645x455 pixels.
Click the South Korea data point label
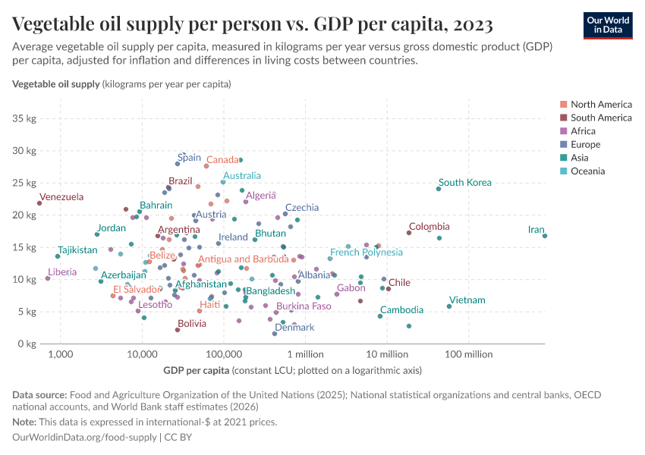click(x=464, y=183)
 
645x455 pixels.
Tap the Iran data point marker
click(x=545, y=236)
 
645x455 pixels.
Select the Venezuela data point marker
click(x=39, y=203)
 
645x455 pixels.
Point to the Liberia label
click(x=62, y=271)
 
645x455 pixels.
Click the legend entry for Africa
click(x=584, y=131)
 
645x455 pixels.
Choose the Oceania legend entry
click(x=588, y=171)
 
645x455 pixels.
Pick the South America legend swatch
click(x=563, y=118)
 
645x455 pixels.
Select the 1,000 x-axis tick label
click(x=60, y=355)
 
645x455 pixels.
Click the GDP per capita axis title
click(x=196, y=371)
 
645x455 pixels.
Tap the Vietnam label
click(x=467, y=300)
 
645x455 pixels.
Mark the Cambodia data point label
click(x=401, y=310)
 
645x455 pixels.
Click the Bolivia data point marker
click(x=178, y=330)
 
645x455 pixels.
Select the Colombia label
click(x=429, y=227)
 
